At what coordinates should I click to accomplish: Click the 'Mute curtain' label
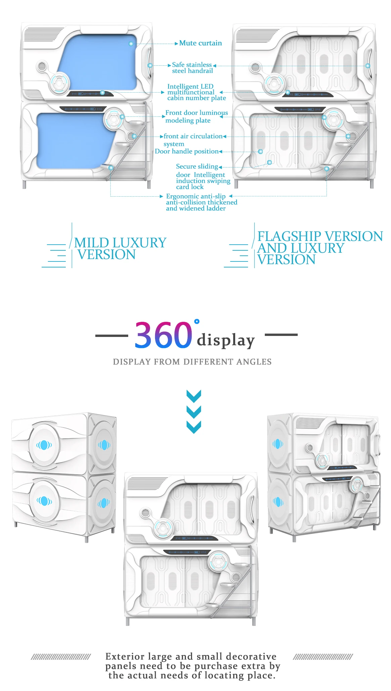point(200,43)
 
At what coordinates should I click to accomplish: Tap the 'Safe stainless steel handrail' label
point(192,67)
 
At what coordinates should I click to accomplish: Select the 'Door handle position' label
point(187,151)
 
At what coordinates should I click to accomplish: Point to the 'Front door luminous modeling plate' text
point(196,116)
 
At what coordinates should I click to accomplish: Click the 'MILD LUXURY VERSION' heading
point(120,248)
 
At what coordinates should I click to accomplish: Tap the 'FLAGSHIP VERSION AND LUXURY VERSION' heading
point(320,248)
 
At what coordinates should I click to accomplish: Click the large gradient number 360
point(163,335)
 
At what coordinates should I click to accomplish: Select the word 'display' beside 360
point(226,340)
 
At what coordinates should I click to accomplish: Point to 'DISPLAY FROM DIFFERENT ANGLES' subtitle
point(192,362)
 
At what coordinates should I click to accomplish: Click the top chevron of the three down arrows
point(194,396)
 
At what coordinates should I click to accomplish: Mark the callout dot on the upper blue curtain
point(131,44)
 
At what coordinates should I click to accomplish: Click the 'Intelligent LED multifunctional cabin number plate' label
point(196,92)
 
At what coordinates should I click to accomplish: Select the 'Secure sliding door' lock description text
point(203,177)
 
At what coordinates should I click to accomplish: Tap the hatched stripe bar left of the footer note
point(61,657)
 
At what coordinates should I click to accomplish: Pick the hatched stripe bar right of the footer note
point(323,657)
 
